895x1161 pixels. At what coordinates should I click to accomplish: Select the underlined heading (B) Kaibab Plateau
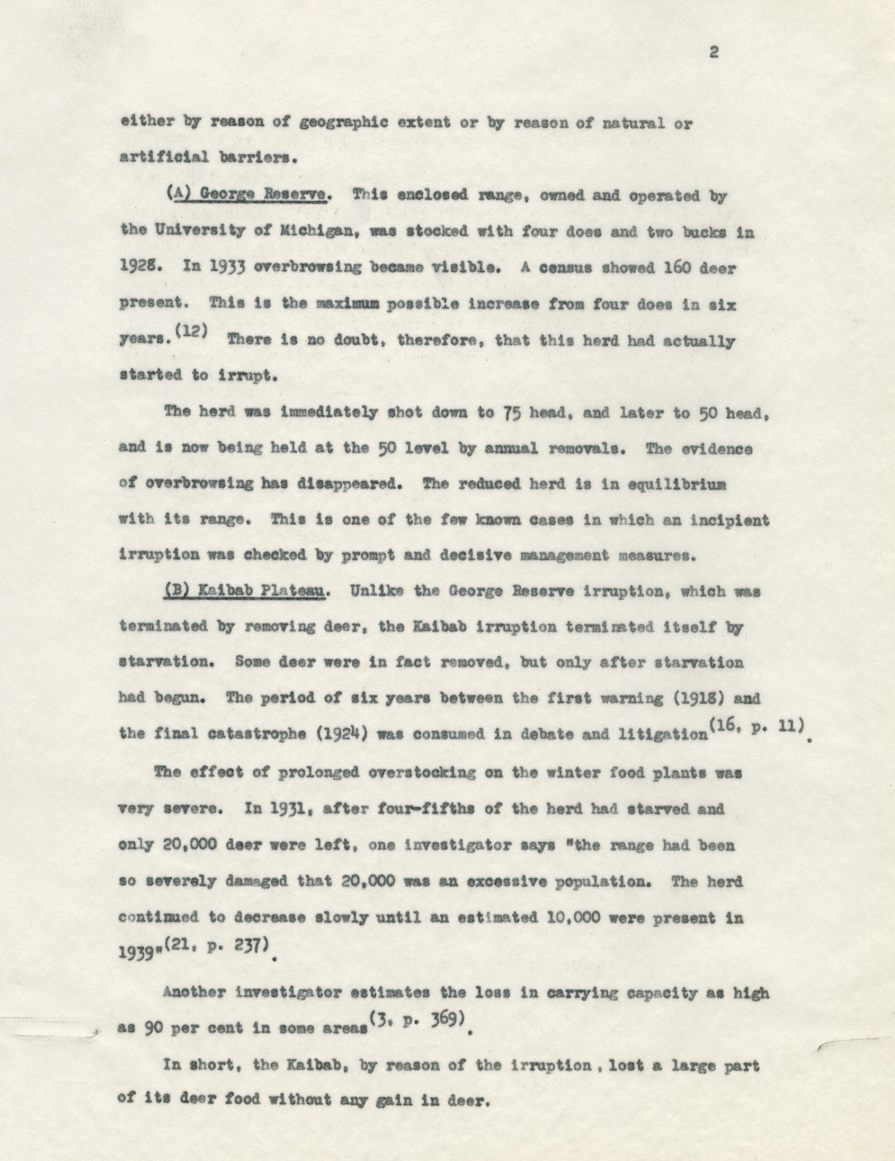coord(245,592)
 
